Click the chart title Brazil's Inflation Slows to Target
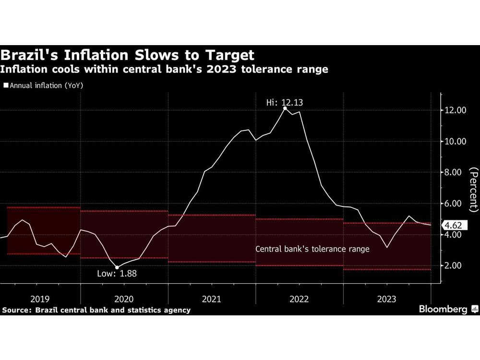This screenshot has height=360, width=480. (x=127, y=54)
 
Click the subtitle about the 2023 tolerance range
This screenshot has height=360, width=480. (x=164, y=70)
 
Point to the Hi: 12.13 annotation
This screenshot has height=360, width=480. (x=285, y=102)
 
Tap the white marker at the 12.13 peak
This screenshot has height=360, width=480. (x=285, y=108)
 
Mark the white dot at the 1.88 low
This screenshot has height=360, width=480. (x=117, y=267)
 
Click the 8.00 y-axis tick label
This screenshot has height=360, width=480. (x=455, y=172)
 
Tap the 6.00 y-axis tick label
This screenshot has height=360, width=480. (x=455, y=204)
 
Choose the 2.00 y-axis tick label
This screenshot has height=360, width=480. (x=455, y=265)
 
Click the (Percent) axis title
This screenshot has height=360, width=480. (x=473, y=190)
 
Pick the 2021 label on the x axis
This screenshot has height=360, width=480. (x=212, y=299)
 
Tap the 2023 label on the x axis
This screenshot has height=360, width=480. (x=387, y=299)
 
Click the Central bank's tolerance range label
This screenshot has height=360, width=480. (x=312, y=249)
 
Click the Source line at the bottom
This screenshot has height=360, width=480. (x=96, y=310)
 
